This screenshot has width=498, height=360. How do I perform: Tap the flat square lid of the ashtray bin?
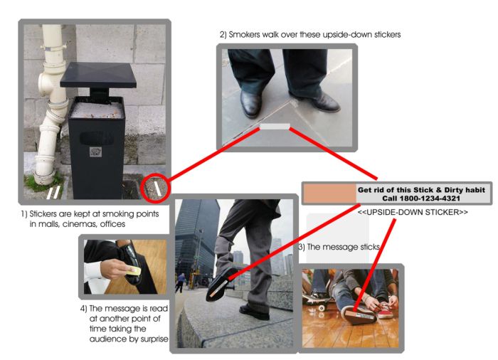tap(98, 75)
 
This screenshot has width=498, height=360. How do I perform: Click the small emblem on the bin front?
tap(95, 152)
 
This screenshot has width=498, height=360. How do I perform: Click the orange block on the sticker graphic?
tap(329, 194)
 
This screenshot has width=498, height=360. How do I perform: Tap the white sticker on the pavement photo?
tap(275, 127)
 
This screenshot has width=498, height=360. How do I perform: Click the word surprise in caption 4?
tap(154, 339)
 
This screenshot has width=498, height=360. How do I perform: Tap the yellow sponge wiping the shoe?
tap(134, 271)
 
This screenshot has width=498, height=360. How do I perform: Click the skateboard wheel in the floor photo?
tap(322, 307)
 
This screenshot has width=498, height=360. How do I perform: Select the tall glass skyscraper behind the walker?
tap(196, 241)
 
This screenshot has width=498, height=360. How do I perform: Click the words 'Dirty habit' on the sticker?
tap(465, 190)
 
